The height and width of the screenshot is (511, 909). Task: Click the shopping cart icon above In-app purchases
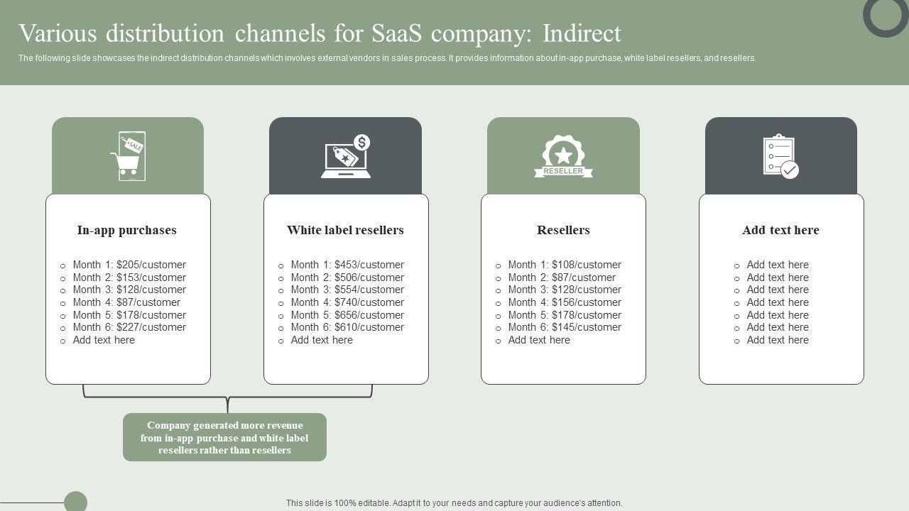point(128,156)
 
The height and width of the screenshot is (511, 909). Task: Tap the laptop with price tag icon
point(346,157)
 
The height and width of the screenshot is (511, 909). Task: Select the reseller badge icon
point(563,156)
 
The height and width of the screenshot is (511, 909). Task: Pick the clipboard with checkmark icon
point(780,156)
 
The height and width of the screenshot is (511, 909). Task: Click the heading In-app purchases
point(127,230)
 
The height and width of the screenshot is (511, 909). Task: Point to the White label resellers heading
point(345,230)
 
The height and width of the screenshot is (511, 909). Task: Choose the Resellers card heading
point(563,230)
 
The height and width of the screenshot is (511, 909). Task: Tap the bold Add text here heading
point(780,230)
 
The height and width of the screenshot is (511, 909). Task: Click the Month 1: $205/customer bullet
point(129,265)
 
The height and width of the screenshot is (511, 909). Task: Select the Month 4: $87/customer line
point(126,302)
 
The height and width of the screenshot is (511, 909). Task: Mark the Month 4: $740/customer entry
point(347,302)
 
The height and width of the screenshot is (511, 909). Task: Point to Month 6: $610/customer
point(347,327)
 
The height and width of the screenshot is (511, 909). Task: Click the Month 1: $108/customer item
point(565,265)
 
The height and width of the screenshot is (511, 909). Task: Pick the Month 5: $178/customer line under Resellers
point(565,315)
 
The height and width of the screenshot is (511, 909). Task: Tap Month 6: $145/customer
point(565,327)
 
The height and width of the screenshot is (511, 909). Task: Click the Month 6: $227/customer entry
point(129,327)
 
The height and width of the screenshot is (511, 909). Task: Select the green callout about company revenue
point(224,437)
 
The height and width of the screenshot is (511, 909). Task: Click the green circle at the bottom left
point(75,502)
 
